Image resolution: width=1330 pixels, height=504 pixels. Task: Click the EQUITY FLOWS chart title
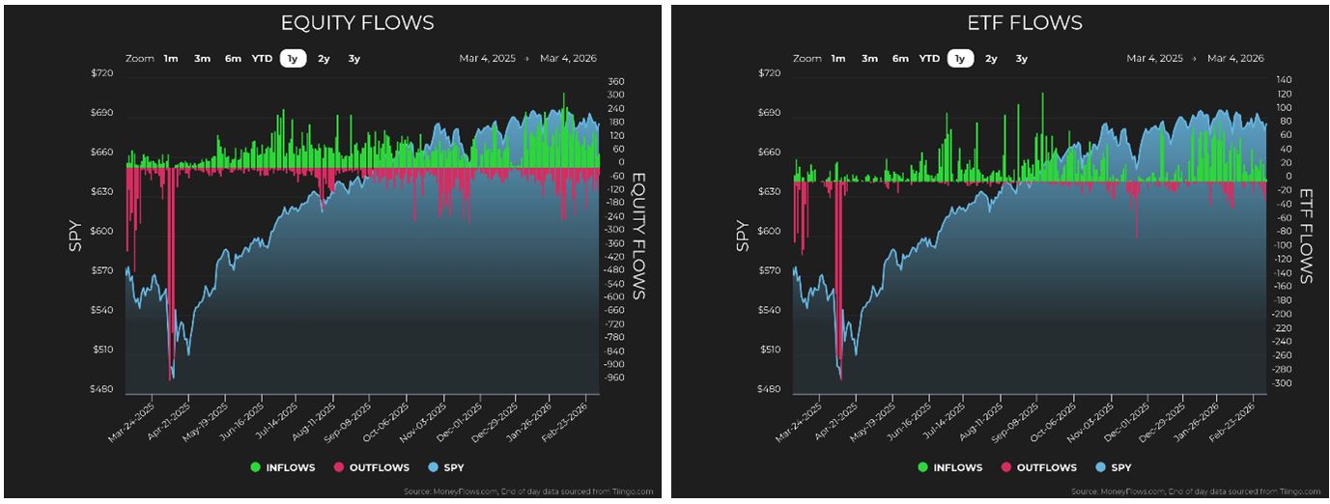pos(356,23)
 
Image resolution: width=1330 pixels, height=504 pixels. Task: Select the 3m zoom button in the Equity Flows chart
pos(202,59)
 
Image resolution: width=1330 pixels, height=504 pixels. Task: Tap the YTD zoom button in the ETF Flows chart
pos(929,59)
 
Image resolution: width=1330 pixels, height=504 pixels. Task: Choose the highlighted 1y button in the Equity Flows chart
pos(294,59)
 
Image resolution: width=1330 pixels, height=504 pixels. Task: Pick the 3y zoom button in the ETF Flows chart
pos(1021,59)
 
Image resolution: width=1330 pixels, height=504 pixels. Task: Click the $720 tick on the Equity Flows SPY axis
pos(101,74)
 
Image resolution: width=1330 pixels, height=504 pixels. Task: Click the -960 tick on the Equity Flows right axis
pos(614,378)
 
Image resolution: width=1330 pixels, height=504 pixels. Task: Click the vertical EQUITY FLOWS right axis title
pos(637,236)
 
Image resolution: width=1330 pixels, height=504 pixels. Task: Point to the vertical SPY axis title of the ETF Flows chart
pos(743,236)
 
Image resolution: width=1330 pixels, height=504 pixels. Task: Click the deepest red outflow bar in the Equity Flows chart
pos(171,367)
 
